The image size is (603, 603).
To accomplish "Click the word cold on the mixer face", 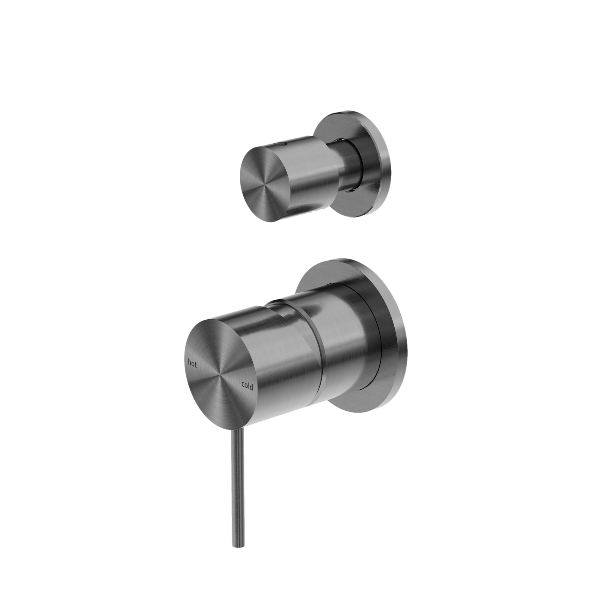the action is [x=247, y=387].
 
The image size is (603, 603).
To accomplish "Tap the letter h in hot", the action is [x=189, y=362].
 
